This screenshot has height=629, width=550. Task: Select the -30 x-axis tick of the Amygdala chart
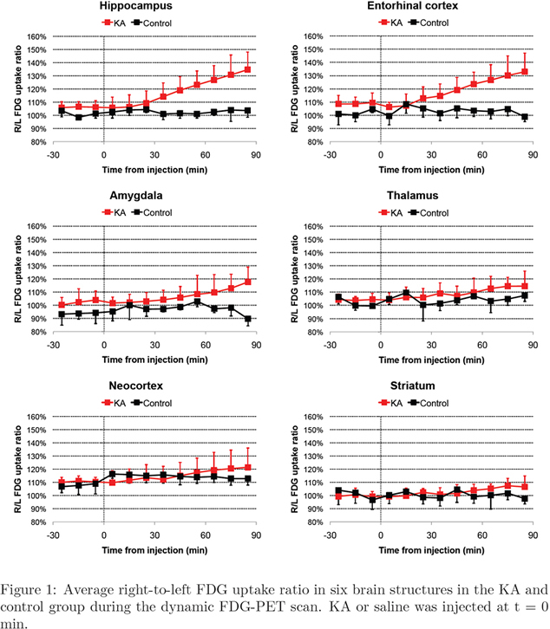[53, 344]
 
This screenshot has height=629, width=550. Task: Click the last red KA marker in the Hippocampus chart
[248, 69]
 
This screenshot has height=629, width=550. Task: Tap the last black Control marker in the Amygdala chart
[248, 319]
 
